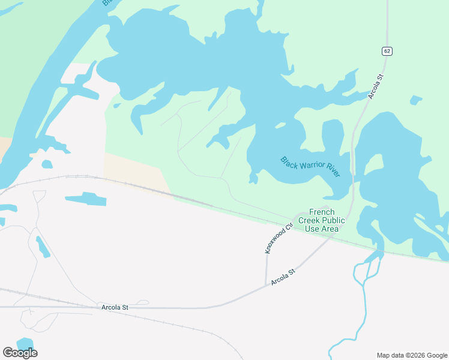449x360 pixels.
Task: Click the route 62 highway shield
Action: pos(386,51)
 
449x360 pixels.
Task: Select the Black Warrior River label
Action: pos(310,166)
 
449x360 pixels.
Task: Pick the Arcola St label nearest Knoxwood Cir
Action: pos(283,277)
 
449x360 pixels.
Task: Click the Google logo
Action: pos(20,353)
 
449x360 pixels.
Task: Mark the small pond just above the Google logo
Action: pos(25,343)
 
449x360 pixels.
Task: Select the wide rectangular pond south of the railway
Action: pos(85,199)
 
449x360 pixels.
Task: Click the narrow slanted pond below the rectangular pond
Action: pos(42,247)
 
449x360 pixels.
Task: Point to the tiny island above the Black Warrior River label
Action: pos(280,125)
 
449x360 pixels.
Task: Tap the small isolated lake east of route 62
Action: pos(415,100)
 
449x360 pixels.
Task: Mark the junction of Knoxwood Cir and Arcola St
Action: pos(266,286)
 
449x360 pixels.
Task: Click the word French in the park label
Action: pos(321,212)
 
